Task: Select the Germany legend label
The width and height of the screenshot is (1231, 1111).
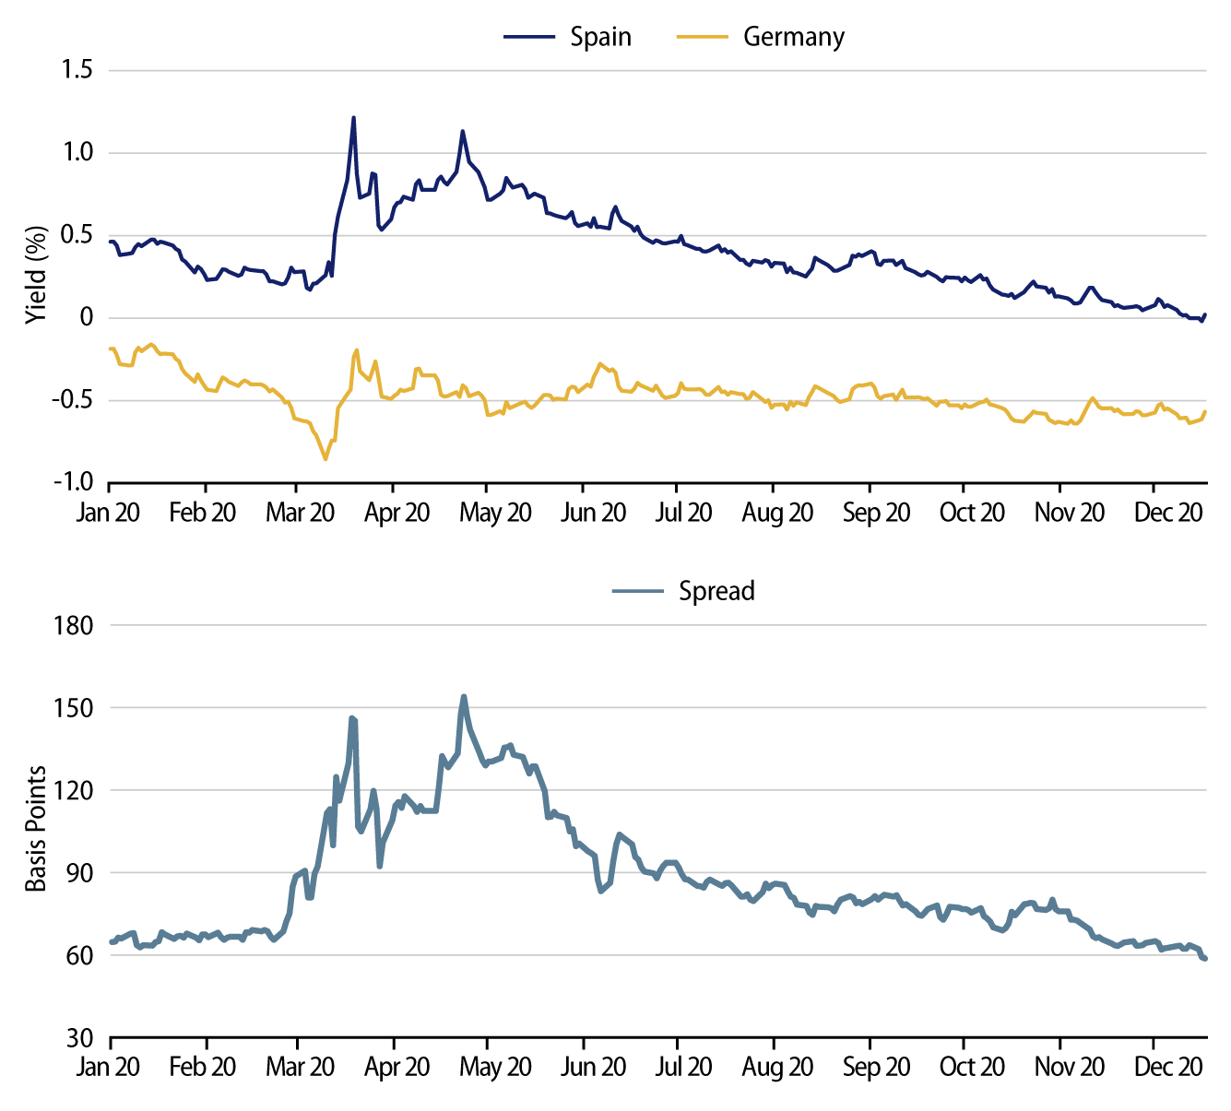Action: [793, 37]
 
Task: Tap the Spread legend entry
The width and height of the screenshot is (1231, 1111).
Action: [716, 591]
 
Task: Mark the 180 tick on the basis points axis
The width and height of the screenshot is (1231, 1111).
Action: [74, 625]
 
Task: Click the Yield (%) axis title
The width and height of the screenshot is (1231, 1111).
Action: [36, 274]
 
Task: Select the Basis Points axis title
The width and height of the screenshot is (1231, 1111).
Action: [36, 829]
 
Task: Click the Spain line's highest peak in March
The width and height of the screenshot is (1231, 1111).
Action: [353, 117]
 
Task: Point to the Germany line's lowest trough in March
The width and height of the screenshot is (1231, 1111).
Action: [326, 459]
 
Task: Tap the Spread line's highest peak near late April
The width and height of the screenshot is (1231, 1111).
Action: [464, 696]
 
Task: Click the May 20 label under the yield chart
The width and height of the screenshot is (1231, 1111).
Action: [495, 513]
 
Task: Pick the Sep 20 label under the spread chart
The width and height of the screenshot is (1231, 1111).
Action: [876, 1067]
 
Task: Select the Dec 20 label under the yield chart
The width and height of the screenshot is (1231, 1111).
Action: [1168, 513]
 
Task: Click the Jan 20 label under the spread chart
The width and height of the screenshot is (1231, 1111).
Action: [108, 1067]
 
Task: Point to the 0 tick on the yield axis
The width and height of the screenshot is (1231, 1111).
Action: [87, 317]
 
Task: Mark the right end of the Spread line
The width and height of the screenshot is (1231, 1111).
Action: [1204, 959]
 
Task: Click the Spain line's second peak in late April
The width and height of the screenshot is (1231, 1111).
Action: [463, 131]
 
